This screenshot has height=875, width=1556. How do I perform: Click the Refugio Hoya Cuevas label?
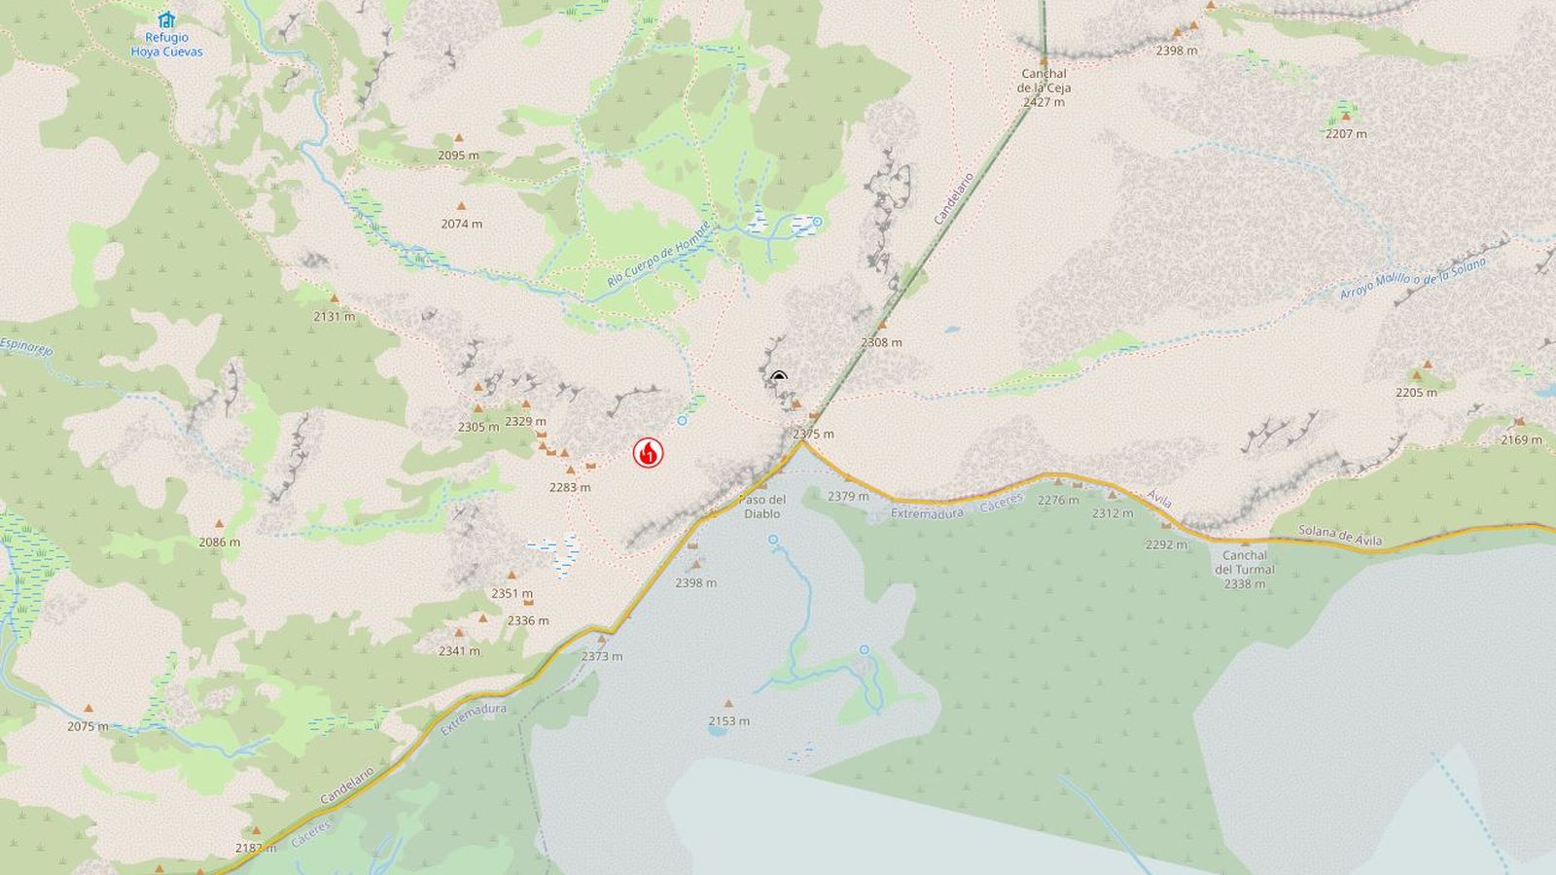click(x=167, y=45)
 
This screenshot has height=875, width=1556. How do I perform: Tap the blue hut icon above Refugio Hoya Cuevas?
click(x=167, y=19)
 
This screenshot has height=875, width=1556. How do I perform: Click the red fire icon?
click(x=649, y=452)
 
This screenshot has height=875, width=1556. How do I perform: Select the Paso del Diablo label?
click(x=762, y=507)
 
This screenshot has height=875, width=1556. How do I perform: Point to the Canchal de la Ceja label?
click(x=1043, y=87)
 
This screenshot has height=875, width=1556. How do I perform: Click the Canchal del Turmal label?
click(x=1245, y=570)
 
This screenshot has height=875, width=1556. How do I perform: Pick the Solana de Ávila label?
click(x=1340, y=535)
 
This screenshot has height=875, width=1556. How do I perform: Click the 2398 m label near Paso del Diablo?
click(x=695, y=582)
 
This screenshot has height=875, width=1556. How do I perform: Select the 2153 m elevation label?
click(x=728, y=720)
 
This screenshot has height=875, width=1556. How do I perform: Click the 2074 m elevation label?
click(x=461, y=224)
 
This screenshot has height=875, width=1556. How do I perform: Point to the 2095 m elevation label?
click(x=458, y=156)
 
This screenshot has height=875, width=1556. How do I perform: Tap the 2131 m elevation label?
click(x=334, y=316)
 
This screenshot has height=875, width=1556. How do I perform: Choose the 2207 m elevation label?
click(x=1346, y=134)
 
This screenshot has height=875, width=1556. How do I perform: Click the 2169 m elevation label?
click(x=1521, y=439)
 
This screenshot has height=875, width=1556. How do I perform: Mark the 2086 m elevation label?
click(x=219, y=542)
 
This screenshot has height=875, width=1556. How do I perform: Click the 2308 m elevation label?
click(x=881, y=342)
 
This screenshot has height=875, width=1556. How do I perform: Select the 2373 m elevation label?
click(x=602, y=656)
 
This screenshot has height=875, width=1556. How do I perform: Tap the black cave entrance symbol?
click(x=778, y=377)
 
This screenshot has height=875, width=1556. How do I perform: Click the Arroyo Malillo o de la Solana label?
click(x=1412, y=279)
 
